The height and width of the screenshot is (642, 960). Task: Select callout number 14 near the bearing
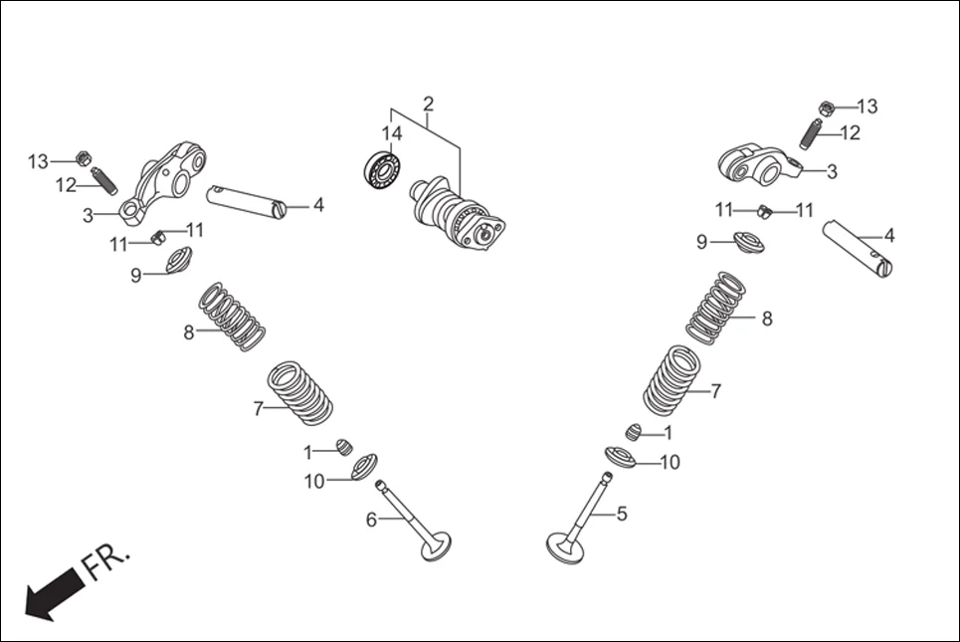point(392,132)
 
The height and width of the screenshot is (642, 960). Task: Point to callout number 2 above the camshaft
point(428,104)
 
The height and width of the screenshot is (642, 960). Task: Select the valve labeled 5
point(583,519)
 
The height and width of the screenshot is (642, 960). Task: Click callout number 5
point(622,514)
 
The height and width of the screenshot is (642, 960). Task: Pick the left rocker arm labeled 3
point(163,179)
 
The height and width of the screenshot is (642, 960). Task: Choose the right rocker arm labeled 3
point(761,164)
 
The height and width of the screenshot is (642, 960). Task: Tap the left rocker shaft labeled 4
point(247,199)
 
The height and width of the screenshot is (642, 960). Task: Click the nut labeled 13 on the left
point(85,158)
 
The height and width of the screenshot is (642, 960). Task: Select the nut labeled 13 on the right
point(826,107)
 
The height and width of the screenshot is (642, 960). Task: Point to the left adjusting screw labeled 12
point(102,181)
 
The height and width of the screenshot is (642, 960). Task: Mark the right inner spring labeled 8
point(716,308)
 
